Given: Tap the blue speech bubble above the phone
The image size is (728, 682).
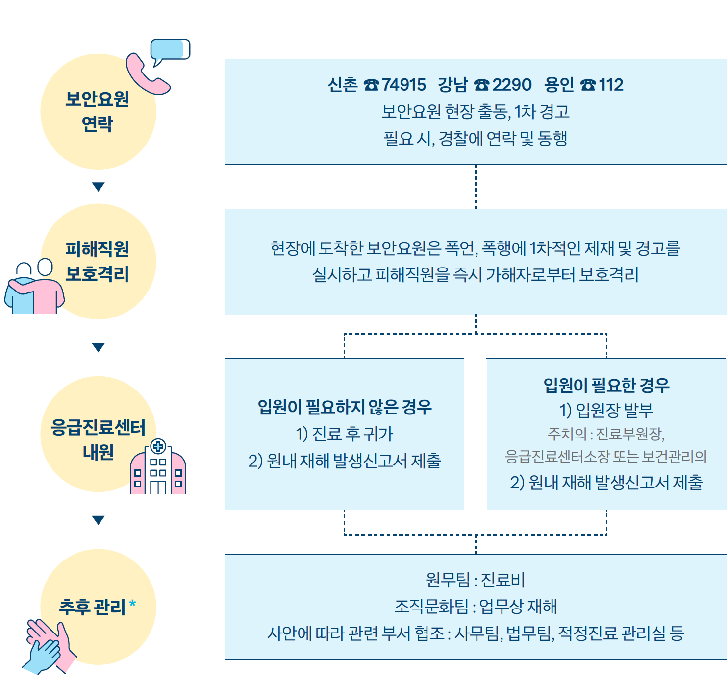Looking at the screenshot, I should (170, 50).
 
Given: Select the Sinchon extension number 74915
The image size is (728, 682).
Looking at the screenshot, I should (404, 85).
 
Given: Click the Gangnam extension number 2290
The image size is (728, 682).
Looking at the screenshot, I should (512, 85).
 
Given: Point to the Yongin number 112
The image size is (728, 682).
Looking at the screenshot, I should (611, 85).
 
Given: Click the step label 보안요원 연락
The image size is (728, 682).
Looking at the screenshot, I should (98, 111).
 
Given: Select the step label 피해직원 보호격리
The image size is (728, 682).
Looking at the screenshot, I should (98, 261).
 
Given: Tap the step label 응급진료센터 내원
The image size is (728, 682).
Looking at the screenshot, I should (98, 439).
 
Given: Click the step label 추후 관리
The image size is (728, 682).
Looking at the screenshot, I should (92, 607).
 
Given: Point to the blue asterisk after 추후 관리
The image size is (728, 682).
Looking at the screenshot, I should (132, 605).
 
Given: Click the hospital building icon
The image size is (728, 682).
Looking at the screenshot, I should (158, 469).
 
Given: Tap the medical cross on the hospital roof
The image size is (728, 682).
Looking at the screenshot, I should (158, 446).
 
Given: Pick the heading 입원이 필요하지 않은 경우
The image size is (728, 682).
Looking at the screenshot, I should (345, 407).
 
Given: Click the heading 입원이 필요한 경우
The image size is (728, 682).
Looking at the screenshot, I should (606, 385).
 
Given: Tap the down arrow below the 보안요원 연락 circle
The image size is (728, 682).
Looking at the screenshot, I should (98, 187).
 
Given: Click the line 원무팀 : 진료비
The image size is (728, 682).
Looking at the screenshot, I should (475, 580).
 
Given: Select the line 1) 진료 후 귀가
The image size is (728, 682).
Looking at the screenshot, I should (345, 434).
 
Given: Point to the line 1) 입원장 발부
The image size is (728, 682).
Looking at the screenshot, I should (606, 410).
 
